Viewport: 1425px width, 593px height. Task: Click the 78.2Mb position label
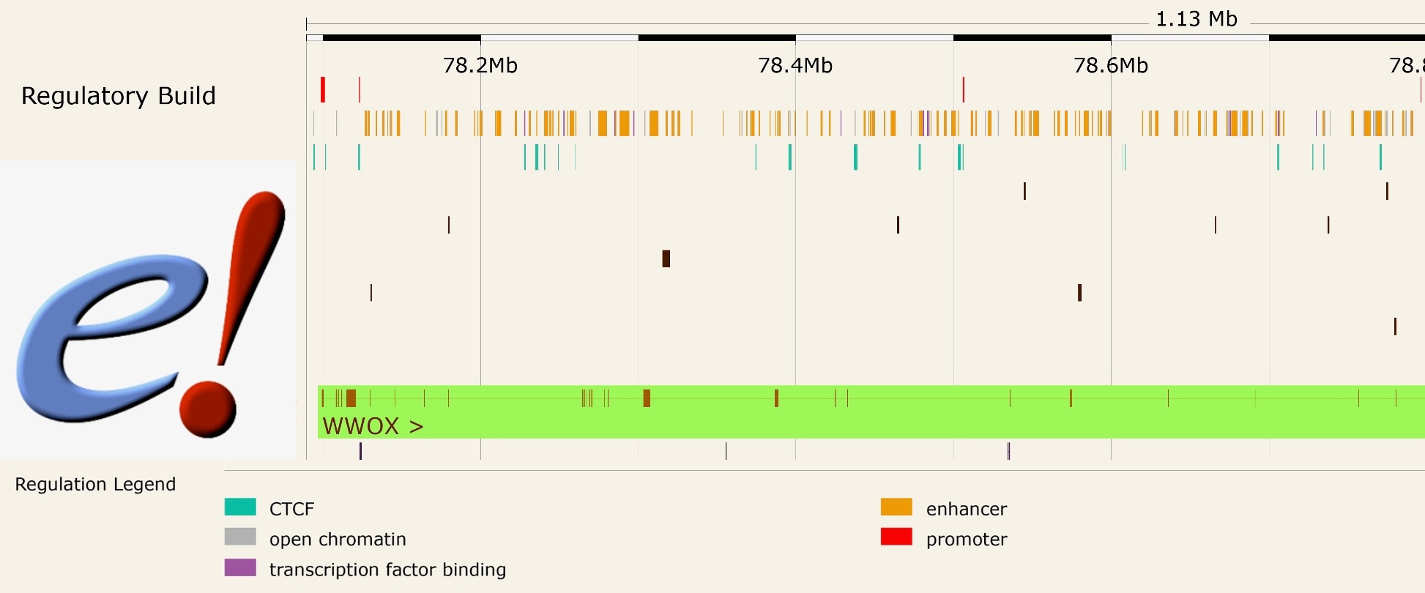(480, 66)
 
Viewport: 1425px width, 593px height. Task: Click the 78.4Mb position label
(795, 66)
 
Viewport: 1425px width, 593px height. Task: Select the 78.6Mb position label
(1110, 66)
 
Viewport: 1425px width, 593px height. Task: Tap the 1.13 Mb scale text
(1196, 19)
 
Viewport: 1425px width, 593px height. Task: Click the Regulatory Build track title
(119, 96)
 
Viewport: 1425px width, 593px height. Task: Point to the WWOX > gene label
(373, 426)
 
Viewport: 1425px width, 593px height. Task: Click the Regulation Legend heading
(95, 484)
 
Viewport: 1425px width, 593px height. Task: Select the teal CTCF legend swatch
(240, 507)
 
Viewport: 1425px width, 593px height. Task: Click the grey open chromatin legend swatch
(240, 537)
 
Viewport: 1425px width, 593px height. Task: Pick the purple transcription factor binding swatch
(240, 568)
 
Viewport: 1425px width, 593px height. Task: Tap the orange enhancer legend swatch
(896, 507)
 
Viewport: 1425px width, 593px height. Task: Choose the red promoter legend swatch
(896, 537)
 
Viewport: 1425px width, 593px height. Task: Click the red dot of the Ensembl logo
(208, 409)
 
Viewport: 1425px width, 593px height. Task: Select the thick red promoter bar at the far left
(323, 89)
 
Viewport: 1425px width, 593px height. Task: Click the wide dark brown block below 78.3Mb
(666, 258)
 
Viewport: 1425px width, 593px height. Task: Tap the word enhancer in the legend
(966, 509)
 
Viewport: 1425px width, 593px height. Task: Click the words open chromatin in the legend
(337, 540)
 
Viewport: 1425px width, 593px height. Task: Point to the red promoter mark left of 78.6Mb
(963, 89)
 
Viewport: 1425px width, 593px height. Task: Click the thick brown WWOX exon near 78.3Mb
(647, 398)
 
